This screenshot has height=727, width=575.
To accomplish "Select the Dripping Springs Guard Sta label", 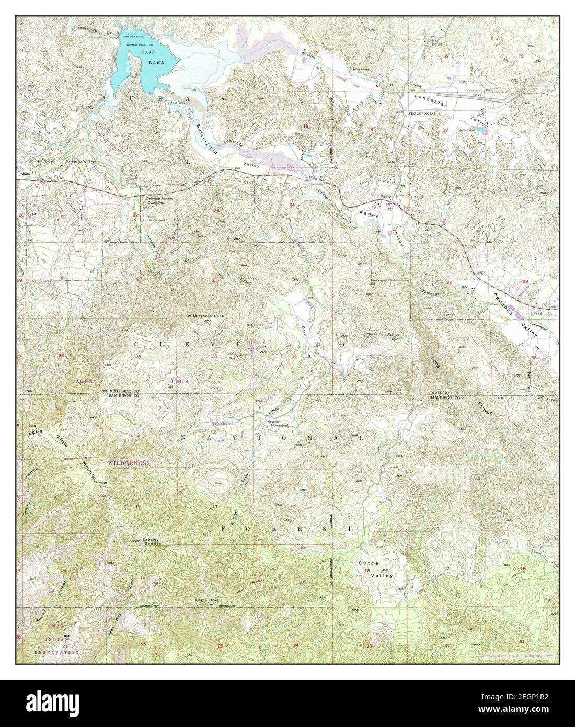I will pyautogui.click(x=160, y=200).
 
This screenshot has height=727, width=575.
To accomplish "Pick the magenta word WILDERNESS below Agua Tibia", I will pyautogui.click(x=129, y=463).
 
